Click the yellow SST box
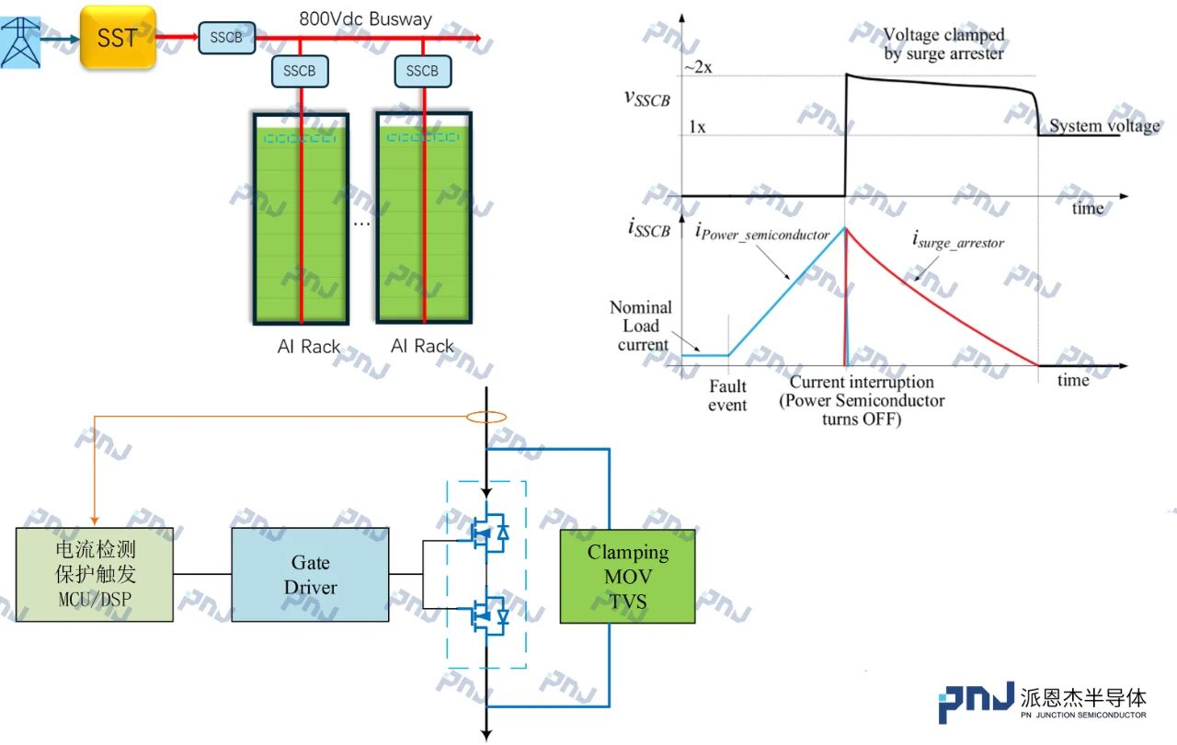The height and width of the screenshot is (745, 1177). pos(118,37)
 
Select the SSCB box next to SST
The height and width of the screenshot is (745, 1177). pos(226,38)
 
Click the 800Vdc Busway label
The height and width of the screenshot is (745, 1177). pos(365,18)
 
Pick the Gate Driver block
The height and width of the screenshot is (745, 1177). pos(310,575)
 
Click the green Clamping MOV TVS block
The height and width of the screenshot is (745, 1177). pos(627,577)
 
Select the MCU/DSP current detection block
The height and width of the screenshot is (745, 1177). pos(95,575)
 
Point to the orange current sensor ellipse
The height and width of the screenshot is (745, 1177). pos(486,418)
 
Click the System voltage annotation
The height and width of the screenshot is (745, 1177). pos(1104,126)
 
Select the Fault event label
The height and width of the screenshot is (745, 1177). pos(727,395)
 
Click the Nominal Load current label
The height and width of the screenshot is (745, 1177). pos(642,326)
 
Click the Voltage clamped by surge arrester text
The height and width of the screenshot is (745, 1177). pos(943,44)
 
